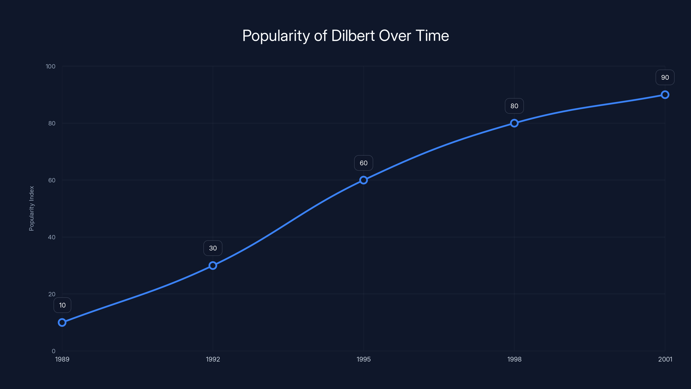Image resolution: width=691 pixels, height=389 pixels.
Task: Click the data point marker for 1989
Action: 62,322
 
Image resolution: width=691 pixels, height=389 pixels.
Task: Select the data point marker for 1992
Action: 213,266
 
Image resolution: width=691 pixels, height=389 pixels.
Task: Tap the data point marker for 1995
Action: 363,180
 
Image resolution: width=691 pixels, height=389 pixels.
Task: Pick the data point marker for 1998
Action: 514,123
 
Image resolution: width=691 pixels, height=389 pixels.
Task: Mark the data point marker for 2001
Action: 665,95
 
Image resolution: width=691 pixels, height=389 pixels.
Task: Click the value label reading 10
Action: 62,305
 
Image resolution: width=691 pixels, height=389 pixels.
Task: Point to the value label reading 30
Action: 213,248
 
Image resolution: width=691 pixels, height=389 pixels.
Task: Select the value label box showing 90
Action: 665,77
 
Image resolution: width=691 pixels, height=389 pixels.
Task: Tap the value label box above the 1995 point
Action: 363,163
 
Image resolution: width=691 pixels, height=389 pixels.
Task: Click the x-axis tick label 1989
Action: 62,359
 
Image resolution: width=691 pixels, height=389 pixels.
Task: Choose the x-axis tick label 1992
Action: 213,359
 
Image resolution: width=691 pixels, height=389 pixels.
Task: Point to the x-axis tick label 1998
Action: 514,359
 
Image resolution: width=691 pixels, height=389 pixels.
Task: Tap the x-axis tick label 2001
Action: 665,359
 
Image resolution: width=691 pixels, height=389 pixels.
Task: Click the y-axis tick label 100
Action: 51,66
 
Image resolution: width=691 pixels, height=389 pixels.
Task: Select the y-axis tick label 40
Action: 52,237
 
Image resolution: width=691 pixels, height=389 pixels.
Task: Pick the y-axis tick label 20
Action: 52,294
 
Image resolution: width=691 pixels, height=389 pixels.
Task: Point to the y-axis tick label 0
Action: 53,351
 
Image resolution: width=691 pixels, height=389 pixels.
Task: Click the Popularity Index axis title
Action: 32,208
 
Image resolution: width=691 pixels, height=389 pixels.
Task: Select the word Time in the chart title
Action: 432,36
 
